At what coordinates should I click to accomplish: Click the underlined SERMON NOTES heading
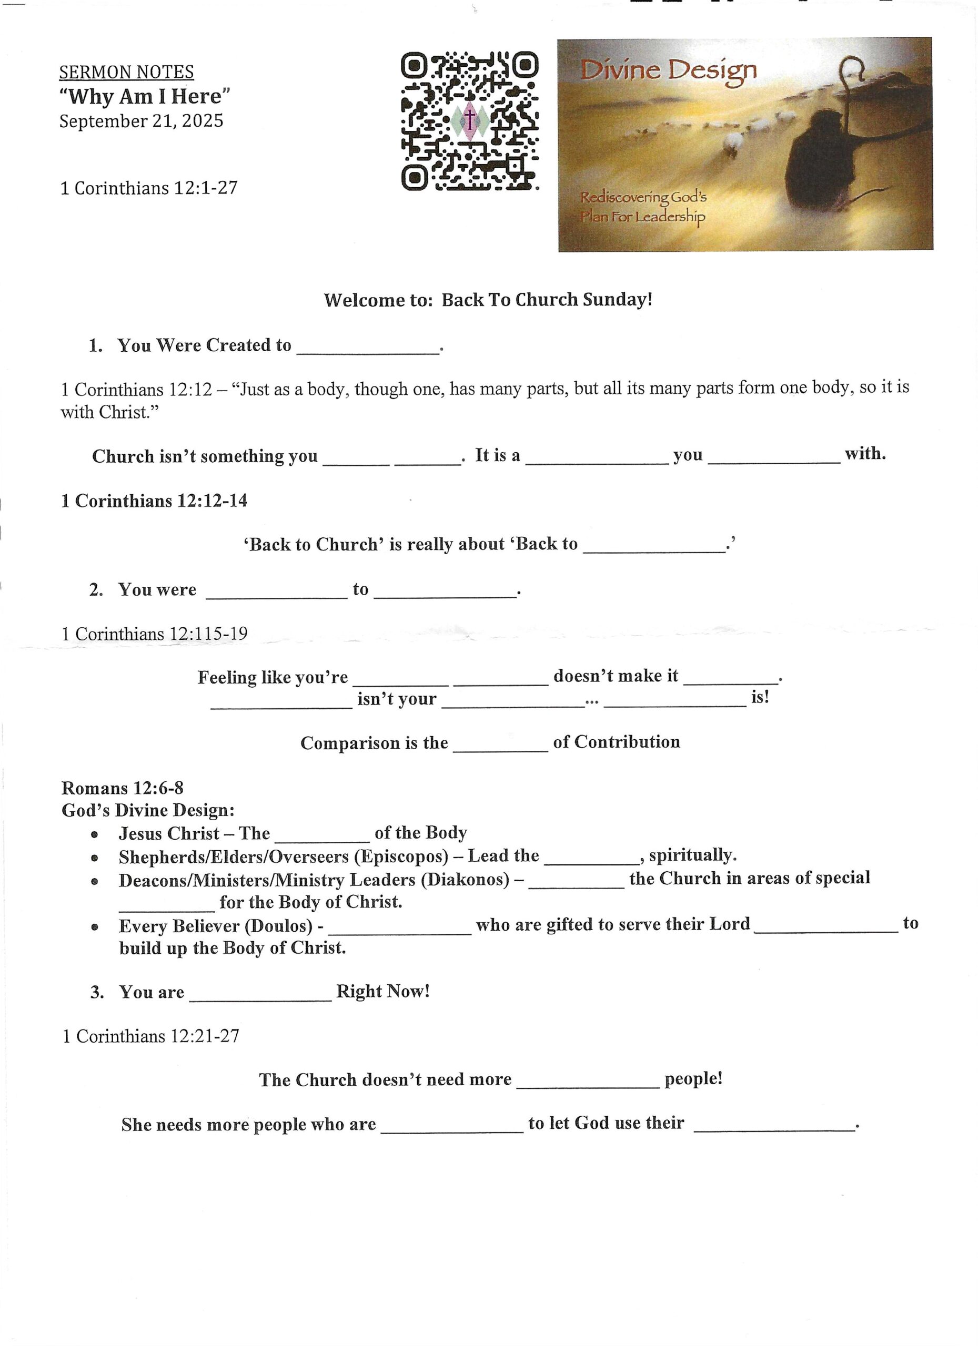click(x=126, y=73)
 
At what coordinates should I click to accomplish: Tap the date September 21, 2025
click(x=142, y=121)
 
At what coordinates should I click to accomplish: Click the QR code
click(x=470, y=121)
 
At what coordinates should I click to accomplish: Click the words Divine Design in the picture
click(x=668, y=71)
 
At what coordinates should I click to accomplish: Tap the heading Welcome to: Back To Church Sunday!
click(x=488, y=300)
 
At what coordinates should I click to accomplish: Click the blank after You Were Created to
click(x=368, y=349)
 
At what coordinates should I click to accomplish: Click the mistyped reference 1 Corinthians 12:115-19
click(x=154, y=634)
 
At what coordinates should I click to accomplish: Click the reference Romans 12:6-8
click(x=123, y=788)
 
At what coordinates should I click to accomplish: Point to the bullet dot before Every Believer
click(x=94, y=927)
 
